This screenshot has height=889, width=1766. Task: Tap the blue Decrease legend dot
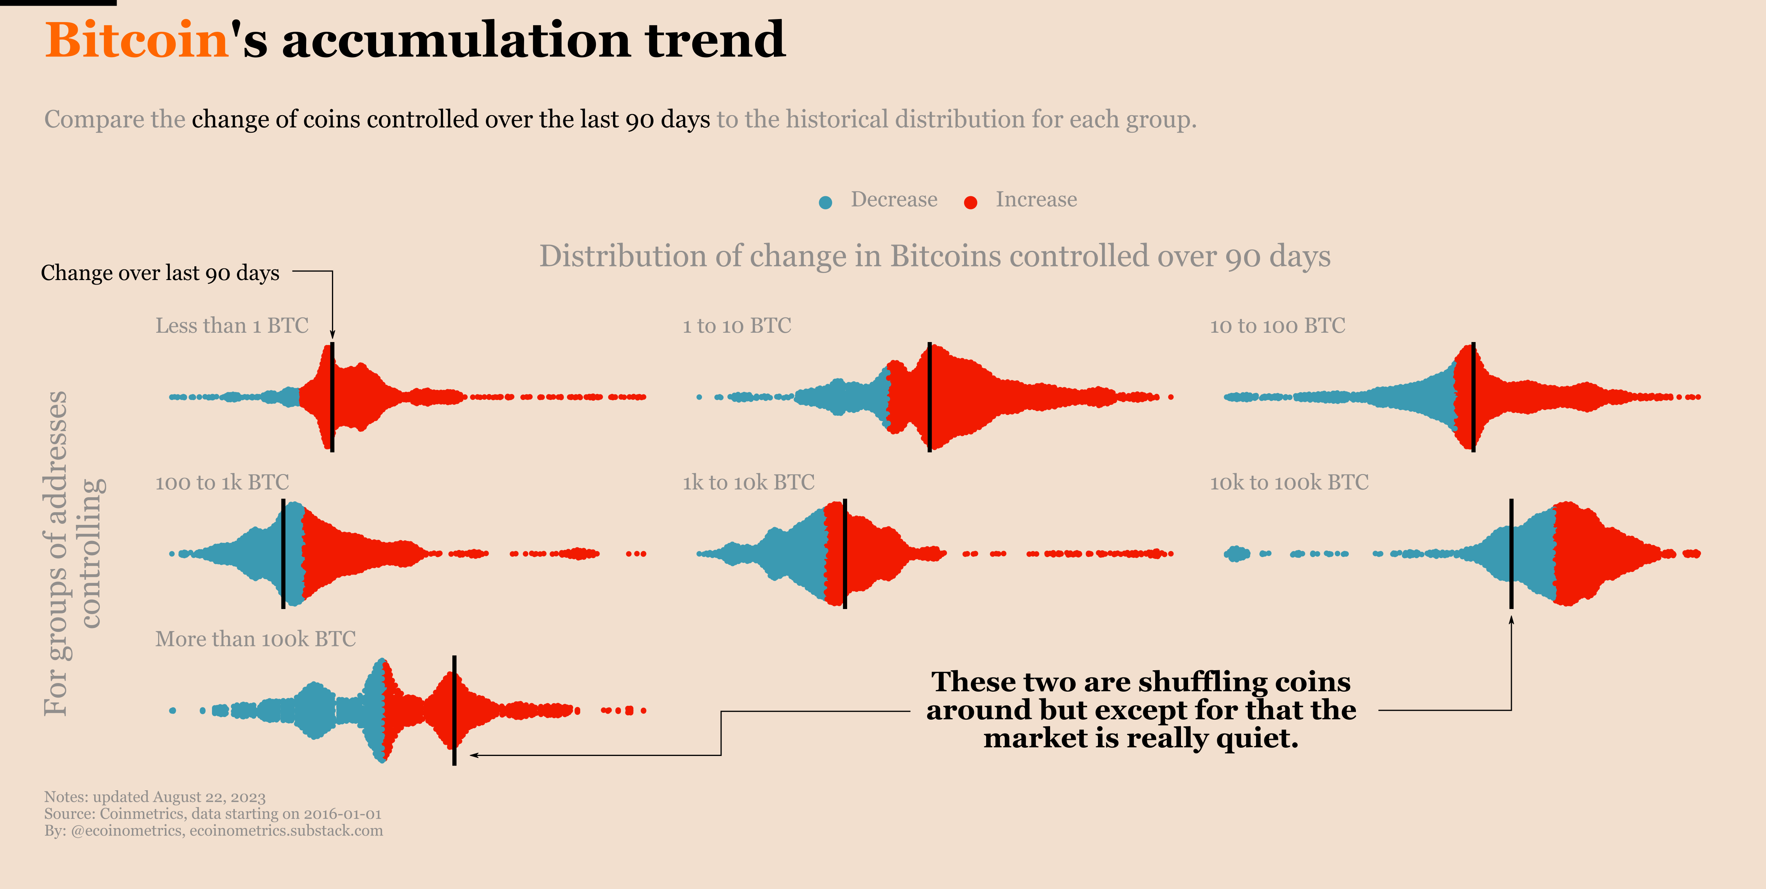(x=825, y=202)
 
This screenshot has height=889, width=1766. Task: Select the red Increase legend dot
(x=970, y=202)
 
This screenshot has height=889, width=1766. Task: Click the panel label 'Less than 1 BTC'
(x=232, y=326)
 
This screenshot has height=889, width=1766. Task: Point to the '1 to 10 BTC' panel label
(x=736, y=326)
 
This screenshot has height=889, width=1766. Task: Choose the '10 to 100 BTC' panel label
(x=1277, y=326)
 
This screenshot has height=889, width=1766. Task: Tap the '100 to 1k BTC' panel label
(x=222, y=483)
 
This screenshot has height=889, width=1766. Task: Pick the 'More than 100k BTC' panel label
(x=255, y=639)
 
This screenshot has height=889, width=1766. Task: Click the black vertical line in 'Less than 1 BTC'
(x=332, y=397)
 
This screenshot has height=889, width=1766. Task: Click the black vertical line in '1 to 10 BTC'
(x=930, y=397)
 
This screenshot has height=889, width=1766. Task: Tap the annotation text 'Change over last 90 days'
(x=160, y=273)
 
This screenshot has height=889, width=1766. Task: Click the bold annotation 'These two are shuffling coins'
(x=1141, y=682)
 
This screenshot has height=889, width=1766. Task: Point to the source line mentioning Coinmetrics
(x=212, y=813)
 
